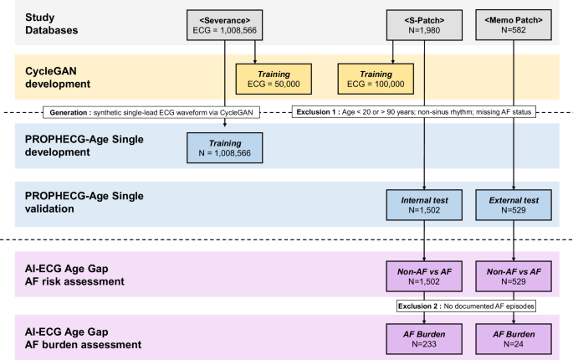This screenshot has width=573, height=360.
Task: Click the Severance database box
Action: coord(225,23)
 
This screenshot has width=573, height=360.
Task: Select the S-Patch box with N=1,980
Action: coord(424,23)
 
